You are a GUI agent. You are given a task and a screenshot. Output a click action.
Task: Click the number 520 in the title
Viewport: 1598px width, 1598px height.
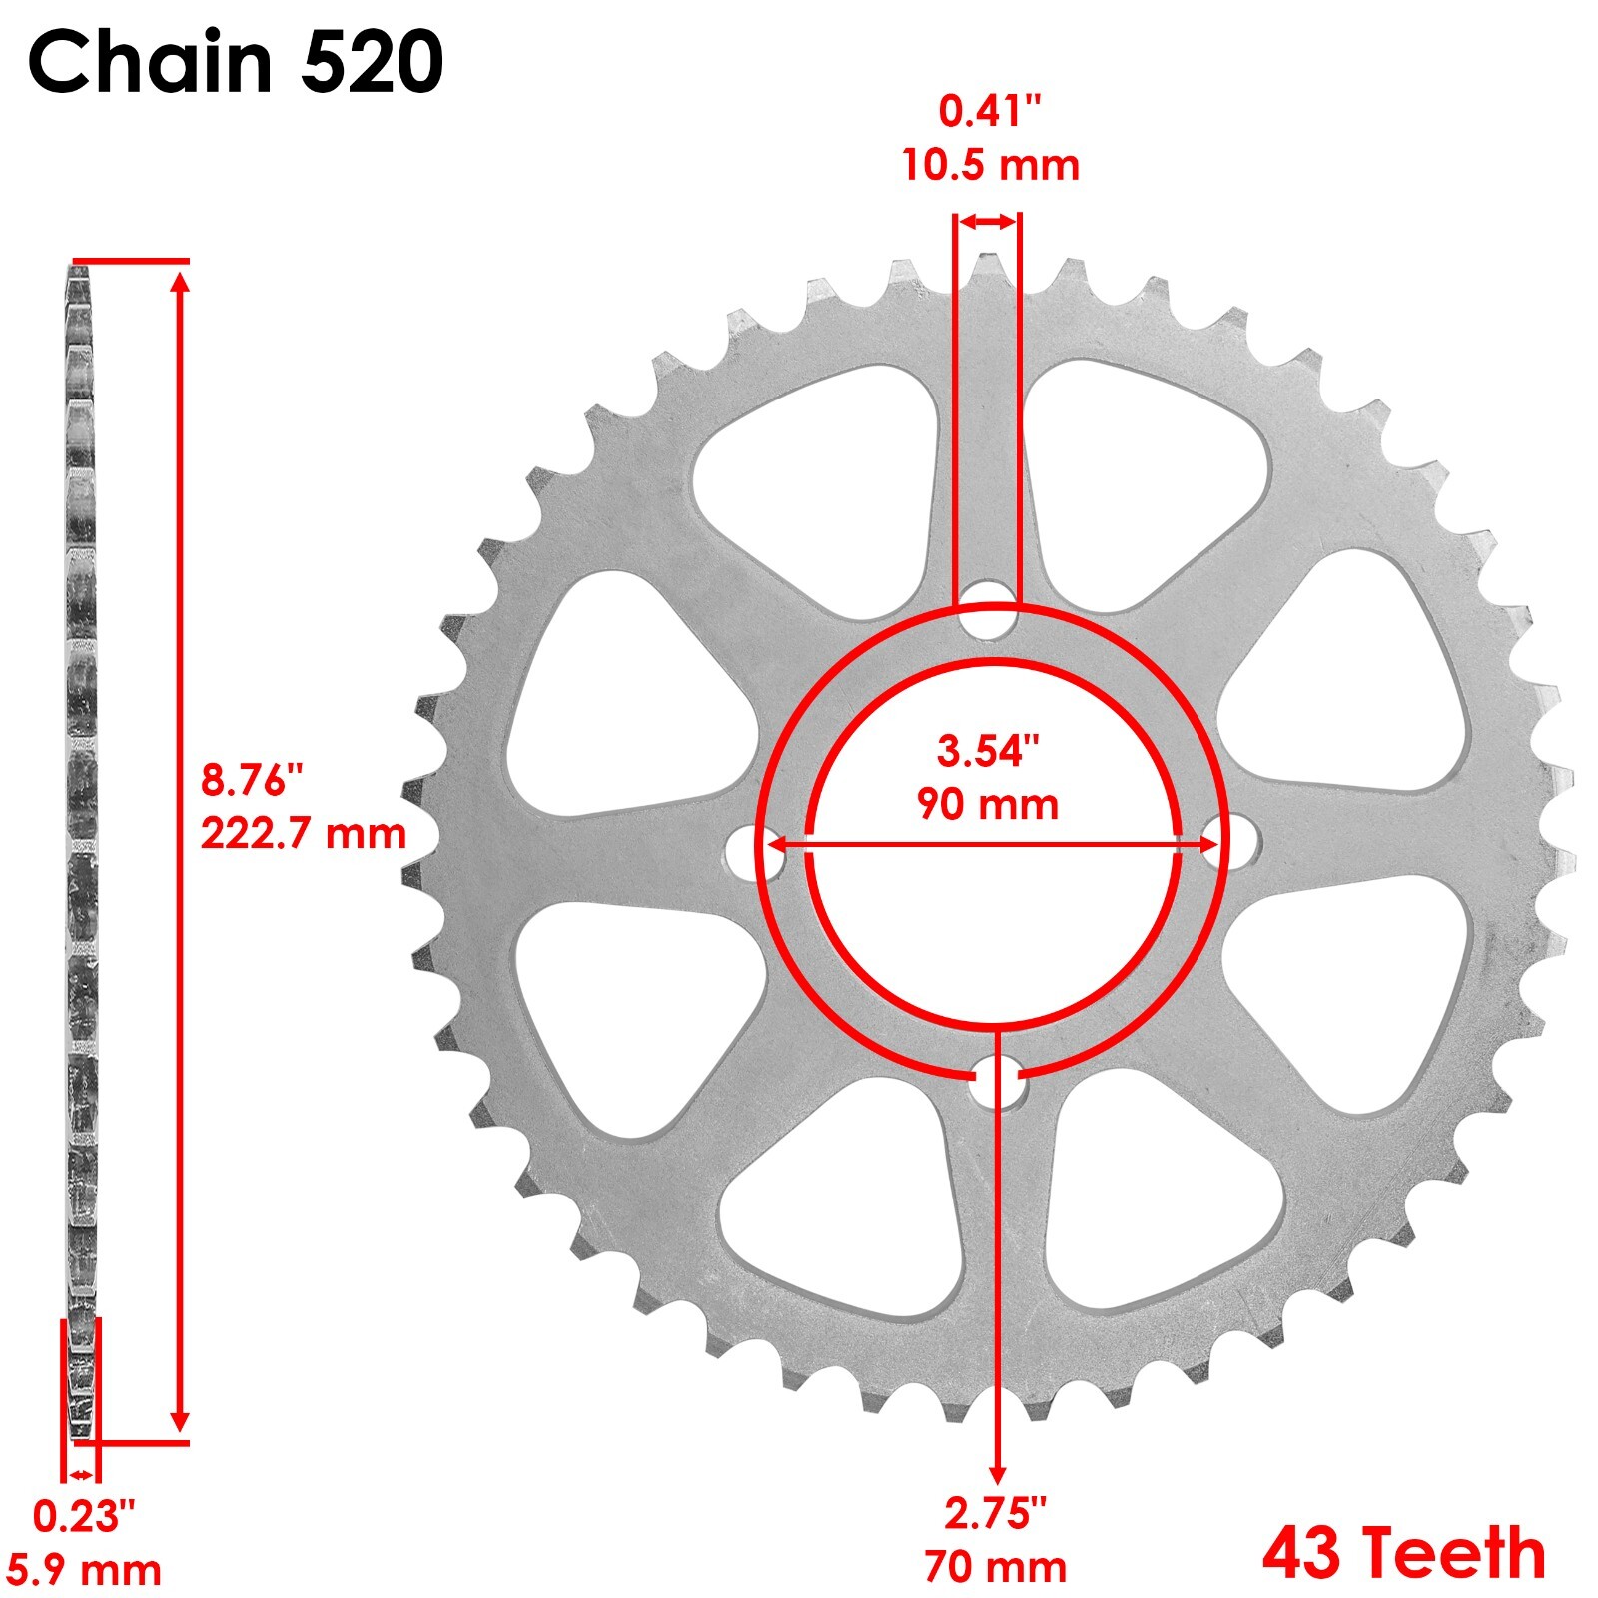click(x=372, y=62)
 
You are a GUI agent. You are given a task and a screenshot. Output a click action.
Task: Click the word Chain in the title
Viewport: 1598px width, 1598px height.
click(x=150, y=62)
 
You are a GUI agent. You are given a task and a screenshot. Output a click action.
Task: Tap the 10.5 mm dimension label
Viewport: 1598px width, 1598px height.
click(x=990, y=165)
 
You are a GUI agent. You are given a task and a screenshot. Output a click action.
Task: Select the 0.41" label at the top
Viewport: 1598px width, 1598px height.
click(x=990, y=111)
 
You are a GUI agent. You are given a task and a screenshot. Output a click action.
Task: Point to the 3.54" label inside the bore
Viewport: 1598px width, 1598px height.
click(x=988, y=751)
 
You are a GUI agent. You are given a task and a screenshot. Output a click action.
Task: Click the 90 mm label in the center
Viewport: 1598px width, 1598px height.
click(x=988, y=804)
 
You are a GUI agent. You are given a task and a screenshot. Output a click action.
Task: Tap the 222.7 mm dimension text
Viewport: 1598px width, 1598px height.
click(x=304, y=833)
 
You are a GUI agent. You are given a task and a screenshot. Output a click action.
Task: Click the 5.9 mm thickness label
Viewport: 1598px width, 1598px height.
click(x=85, y=1570)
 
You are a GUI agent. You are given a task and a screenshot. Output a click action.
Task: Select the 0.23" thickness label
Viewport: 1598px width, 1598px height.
click(x=84, y=1517)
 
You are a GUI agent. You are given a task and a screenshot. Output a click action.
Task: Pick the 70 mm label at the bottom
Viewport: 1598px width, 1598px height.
click(x=995, y=1566)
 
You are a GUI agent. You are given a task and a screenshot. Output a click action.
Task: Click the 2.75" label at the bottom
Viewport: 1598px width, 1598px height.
click(x=995, y=1514)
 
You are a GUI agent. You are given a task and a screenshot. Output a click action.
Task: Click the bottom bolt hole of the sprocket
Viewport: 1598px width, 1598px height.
click(x=996, y=1083)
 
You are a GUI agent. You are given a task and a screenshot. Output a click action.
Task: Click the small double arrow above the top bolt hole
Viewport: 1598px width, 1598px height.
click(x=988, y=222)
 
